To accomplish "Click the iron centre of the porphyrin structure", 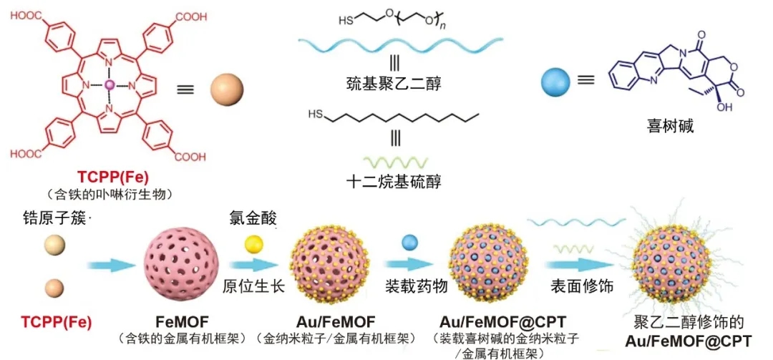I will pos(110,85).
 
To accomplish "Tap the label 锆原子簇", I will pos(54,218).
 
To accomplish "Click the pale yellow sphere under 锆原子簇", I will pos(54,245).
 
